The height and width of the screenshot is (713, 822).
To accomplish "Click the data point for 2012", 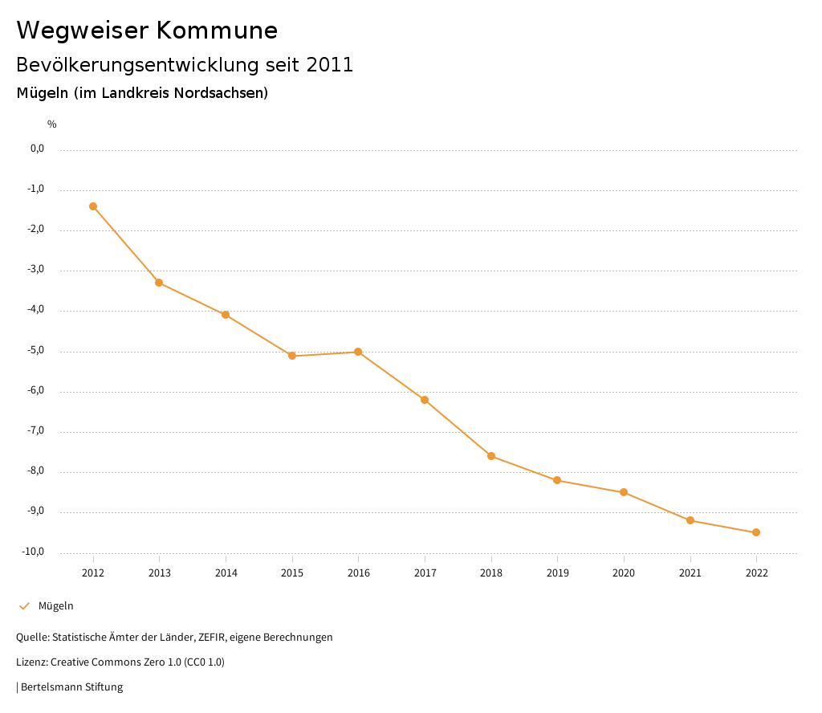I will (93, 206).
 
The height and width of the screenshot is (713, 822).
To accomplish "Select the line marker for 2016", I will (358, 352).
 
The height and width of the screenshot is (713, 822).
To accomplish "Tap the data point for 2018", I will (491, 456).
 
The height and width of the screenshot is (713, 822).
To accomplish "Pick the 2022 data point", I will (756, 532).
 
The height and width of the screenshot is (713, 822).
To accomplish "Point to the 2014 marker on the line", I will (226, 315).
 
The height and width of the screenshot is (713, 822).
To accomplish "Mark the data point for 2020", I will (624, 492).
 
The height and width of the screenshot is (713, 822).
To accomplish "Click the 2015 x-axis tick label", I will (292, 573).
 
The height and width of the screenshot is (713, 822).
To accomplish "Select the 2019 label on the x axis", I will (557, 573).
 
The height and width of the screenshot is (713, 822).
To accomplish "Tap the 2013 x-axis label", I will (160, 573).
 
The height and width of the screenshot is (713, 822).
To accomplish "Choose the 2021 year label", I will (690, 573).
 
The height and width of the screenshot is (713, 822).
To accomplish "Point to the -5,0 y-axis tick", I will (37, 350).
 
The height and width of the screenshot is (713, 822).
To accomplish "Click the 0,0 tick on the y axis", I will (38, 149).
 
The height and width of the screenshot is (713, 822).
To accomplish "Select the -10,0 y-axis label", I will (35, 552).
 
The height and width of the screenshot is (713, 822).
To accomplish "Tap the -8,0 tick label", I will (37, 471).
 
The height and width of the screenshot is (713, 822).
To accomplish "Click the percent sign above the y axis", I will (52, 124).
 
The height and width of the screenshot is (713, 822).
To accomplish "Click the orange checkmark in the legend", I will (24, 606).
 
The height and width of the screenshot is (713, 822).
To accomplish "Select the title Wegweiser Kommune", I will (147, 31).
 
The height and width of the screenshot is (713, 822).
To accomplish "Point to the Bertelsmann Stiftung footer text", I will (71, 687).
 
